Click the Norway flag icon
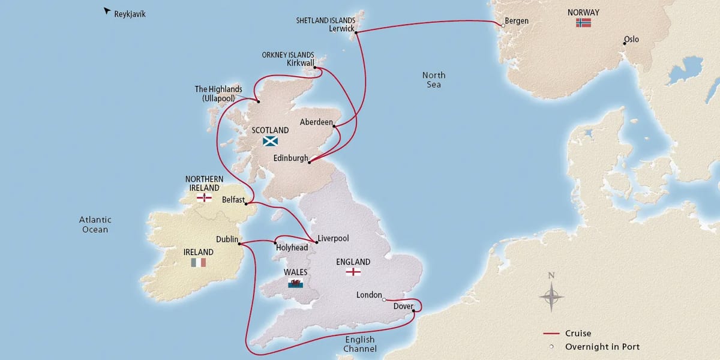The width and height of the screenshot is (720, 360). point(583,23)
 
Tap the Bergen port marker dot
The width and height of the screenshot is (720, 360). point(501,25)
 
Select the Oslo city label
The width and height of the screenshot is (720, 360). point(631,40)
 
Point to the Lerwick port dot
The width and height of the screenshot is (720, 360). point(357,33)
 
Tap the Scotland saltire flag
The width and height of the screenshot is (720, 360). point(271,142)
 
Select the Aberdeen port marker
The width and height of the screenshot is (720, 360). point(334,126)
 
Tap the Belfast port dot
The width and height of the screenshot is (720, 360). point(247,203)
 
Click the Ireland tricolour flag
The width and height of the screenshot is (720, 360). point(199,262)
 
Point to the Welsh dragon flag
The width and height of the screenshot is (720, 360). point(295,283)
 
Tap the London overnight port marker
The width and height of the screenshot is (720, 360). point(384,299)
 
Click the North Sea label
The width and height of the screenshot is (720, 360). point(433,80)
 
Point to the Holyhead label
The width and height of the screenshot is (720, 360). point(292,247)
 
